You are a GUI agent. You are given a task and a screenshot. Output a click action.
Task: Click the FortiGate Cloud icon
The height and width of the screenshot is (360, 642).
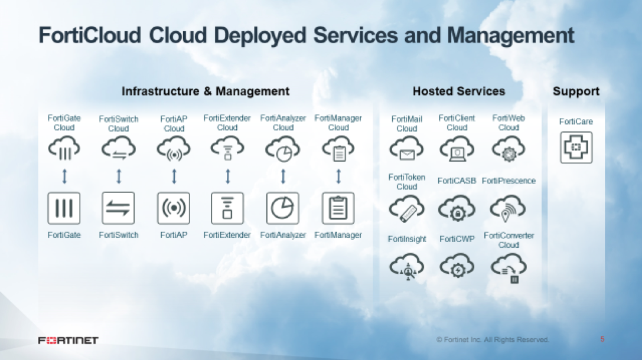(64, 149)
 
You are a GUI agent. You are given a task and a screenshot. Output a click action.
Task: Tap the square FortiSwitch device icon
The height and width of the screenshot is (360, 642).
(118, 208)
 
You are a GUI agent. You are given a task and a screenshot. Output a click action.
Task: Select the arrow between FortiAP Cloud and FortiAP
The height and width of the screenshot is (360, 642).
(174, 176)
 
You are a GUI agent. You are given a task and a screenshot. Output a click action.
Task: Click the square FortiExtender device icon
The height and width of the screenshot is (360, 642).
(227, 208)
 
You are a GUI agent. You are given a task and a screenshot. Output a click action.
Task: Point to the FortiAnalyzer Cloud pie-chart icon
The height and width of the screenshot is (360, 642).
(283, 149)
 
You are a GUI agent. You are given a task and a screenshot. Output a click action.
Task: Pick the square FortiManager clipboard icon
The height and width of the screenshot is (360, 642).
(338, 208)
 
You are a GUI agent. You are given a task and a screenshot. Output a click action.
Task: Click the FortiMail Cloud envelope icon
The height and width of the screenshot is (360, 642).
(406, 149)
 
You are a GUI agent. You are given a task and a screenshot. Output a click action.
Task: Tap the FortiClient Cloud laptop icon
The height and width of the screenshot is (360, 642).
(457, 149)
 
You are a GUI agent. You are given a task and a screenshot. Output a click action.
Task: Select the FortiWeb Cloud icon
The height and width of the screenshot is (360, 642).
(508, 149)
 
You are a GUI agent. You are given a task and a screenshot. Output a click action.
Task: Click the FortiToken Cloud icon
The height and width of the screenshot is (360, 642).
(406, 208)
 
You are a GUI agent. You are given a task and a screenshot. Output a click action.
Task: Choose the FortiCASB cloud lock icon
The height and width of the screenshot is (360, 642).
(457, 208)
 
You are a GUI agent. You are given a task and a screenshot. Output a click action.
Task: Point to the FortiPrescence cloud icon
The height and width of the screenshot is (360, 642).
(508, 208)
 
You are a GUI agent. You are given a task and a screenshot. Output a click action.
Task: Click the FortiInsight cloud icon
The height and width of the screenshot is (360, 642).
(406, 267)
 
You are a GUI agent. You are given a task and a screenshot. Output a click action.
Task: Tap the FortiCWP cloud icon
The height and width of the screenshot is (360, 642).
(457, 267)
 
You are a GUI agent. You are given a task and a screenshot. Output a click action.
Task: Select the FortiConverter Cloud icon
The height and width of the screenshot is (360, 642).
(509, 268)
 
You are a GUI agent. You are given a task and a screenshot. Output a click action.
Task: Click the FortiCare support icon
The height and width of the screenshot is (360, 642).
(576, 148)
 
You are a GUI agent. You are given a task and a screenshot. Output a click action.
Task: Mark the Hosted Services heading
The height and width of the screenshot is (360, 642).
(458, 91)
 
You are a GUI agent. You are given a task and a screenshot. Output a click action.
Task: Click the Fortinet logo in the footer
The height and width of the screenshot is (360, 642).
(68, 340)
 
